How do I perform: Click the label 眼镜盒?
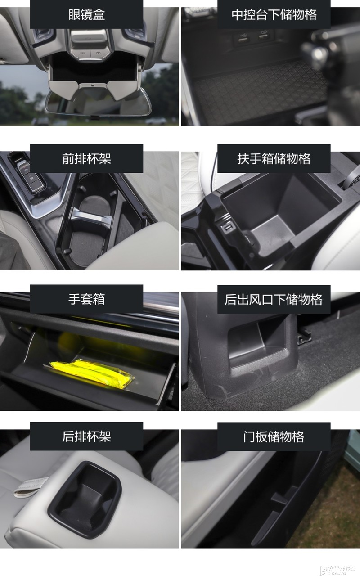pos(86,14)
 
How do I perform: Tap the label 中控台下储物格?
pos(274,14)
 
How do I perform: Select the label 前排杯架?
pos(86,158)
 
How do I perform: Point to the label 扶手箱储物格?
pos(274,158)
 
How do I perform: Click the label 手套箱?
pos(86,299)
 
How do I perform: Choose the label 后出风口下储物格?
pos(274,299)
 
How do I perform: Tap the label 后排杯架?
pos(86,436)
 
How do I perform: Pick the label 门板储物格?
pos(274,436)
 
